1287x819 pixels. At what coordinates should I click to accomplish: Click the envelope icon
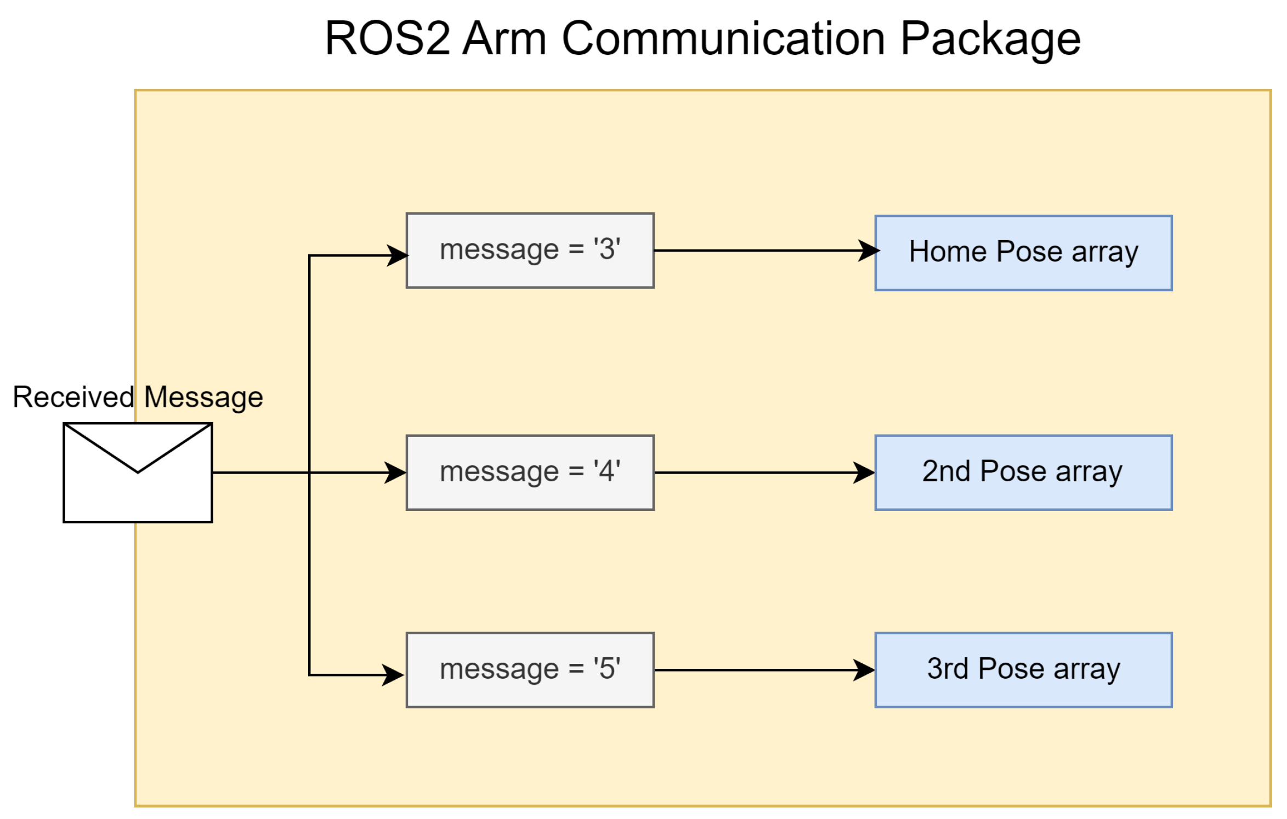[x=138, y=473]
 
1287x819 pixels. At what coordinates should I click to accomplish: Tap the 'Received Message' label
[x=138, y=397]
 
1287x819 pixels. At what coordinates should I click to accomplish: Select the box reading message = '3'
[x=530, y=251]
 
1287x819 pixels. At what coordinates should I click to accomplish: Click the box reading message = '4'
[x=530, y=473]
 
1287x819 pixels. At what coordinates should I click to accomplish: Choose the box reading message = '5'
[x=530, y=670]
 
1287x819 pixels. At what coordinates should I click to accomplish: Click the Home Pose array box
[x=1023, y=253]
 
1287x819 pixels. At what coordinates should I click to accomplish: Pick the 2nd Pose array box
[x=1023, y=473]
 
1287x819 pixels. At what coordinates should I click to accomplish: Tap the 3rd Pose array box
[x=1023, y=670]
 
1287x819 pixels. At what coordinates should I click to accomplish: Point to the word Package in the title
[x=990, y=39]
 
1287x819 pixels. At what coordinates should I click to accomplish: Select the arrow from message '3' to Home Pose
[x=762, y=251]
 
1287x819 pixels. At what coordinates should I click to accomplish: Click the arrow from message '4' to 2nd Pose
[x=762, y=473]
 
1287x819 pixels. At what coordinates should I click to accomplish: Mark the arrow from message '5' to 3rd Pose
[x=762, y=670]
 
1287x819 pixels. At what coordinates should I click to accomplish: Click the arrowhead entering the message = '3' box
[x=397, y=255]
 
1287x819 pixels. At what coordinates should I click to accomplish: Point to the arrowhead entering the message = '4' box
[x=395, y=473]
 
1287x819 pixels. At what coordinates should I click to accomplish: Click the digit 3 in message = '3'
[x=607, y=249]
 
